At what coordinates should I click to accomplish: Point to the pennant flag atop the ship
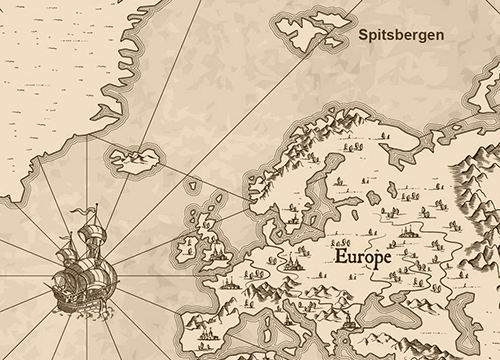point(93,209)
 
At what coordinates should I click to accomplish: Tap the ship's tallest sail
point(95,245)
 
